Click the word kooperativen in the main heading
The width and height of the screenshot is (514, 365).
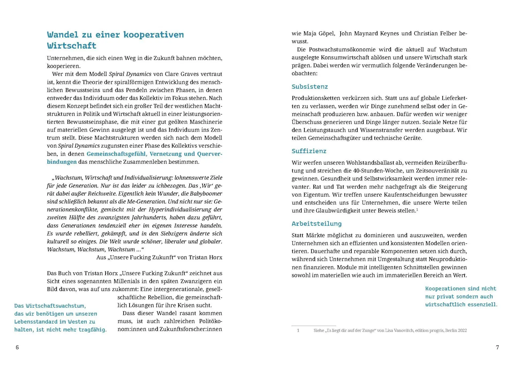tap(153, 35)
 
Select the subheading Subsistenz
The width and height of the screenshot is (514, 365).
tap(309, 87)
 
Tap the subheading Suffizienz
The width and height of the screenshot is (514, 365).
tap(309, 151)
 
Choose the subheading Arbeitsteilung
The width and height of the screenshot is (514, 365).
tap(316, 224)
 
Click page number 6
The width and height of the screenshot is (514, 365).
tap(17, 347)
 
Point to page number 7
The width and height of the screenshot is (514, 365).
tap(497, 347)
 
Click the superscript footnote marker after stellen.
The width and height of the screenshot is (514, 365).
tap(417, 209)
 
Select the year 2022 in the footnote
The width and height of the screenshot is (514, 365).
tap(462, 330)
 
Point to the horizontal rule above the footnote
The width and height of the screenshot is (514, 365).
tap(313, 326)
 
